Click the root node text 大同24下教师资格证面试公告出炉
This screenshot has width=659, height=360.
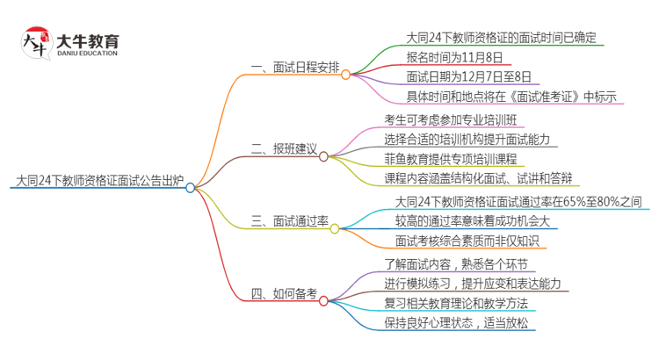[98, 182]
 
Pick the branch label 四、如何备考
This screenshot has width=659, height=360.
[282, 294]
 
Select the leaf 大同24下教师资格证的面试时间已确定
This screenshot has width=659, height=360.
[502, 38]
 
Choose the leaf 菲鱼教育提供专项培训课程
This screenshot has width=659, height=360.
[462, 158]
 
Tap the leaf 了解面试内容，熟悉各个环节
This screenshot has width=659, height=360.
[458, 264]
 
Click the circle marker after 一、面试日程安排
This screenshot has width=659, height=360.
[345, 68]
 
